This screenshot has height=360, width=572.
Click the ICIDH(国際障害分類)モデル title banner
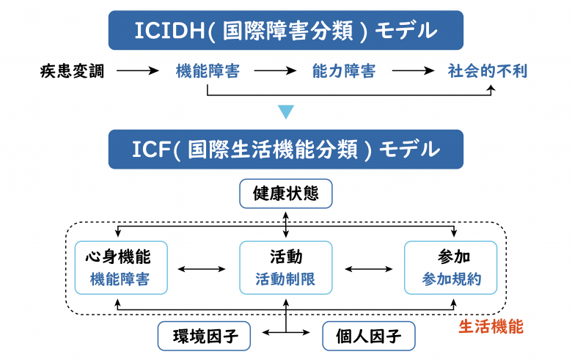(285, 31)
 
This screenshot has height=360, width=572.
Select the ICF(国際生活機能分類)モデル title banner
(285, 150)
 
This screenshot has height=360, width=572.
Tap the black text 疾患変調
(72, 71)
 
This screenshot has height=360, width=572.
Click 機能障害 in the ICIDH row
(208, 71)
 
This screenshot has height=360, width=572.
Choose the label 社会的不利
(487, 71)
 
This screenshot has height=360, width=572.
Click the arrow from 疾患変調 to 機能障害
(138, 71)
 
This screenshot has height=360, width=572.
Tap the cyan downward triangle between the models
(285, 112)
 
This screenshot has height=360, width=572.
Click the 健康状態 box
(285, 195)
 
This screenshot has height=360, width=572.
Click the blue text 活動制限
(285, 279)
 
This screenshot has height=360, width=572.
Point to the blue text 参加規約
(452, 279)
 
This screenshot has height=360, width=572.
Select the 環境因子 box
(203, 337)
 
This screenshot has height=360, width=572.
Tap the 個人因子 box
(368, 337)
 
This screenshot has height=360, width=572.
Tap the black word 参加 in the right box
(452, 257)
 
